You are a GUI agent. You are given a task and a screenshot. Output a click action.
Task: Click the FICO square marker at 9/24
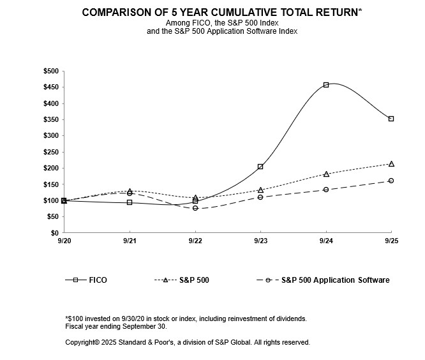coord(326,85)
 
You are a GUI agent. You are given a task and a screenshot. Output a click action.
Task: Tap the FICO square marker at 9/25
coord(391,119)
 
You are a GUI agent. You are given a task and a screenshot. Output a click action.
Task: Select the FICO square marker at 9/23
coord(260,167)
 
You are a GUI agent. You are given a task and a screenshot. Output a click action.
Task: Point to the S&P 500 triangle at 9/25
coord(391,164)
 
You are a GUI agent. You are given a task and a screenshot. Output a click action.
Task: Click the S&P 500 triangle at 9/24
coord(326,174)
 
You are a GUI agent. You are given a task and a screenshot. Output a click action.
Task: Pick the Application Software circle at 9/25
coord(391,181)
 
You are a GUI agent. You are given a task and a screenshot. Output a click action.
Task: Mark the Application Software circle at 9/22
coord(195,208)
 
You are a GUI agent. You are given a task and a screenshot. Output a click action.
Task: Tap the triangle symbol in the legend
coord(167,280)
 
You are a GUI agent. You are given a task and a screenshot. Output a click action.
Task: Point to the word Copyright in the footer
coord(81,343)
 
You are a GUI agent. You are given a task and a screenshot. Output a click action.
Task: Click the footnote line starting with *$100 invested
coord(186,318)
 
